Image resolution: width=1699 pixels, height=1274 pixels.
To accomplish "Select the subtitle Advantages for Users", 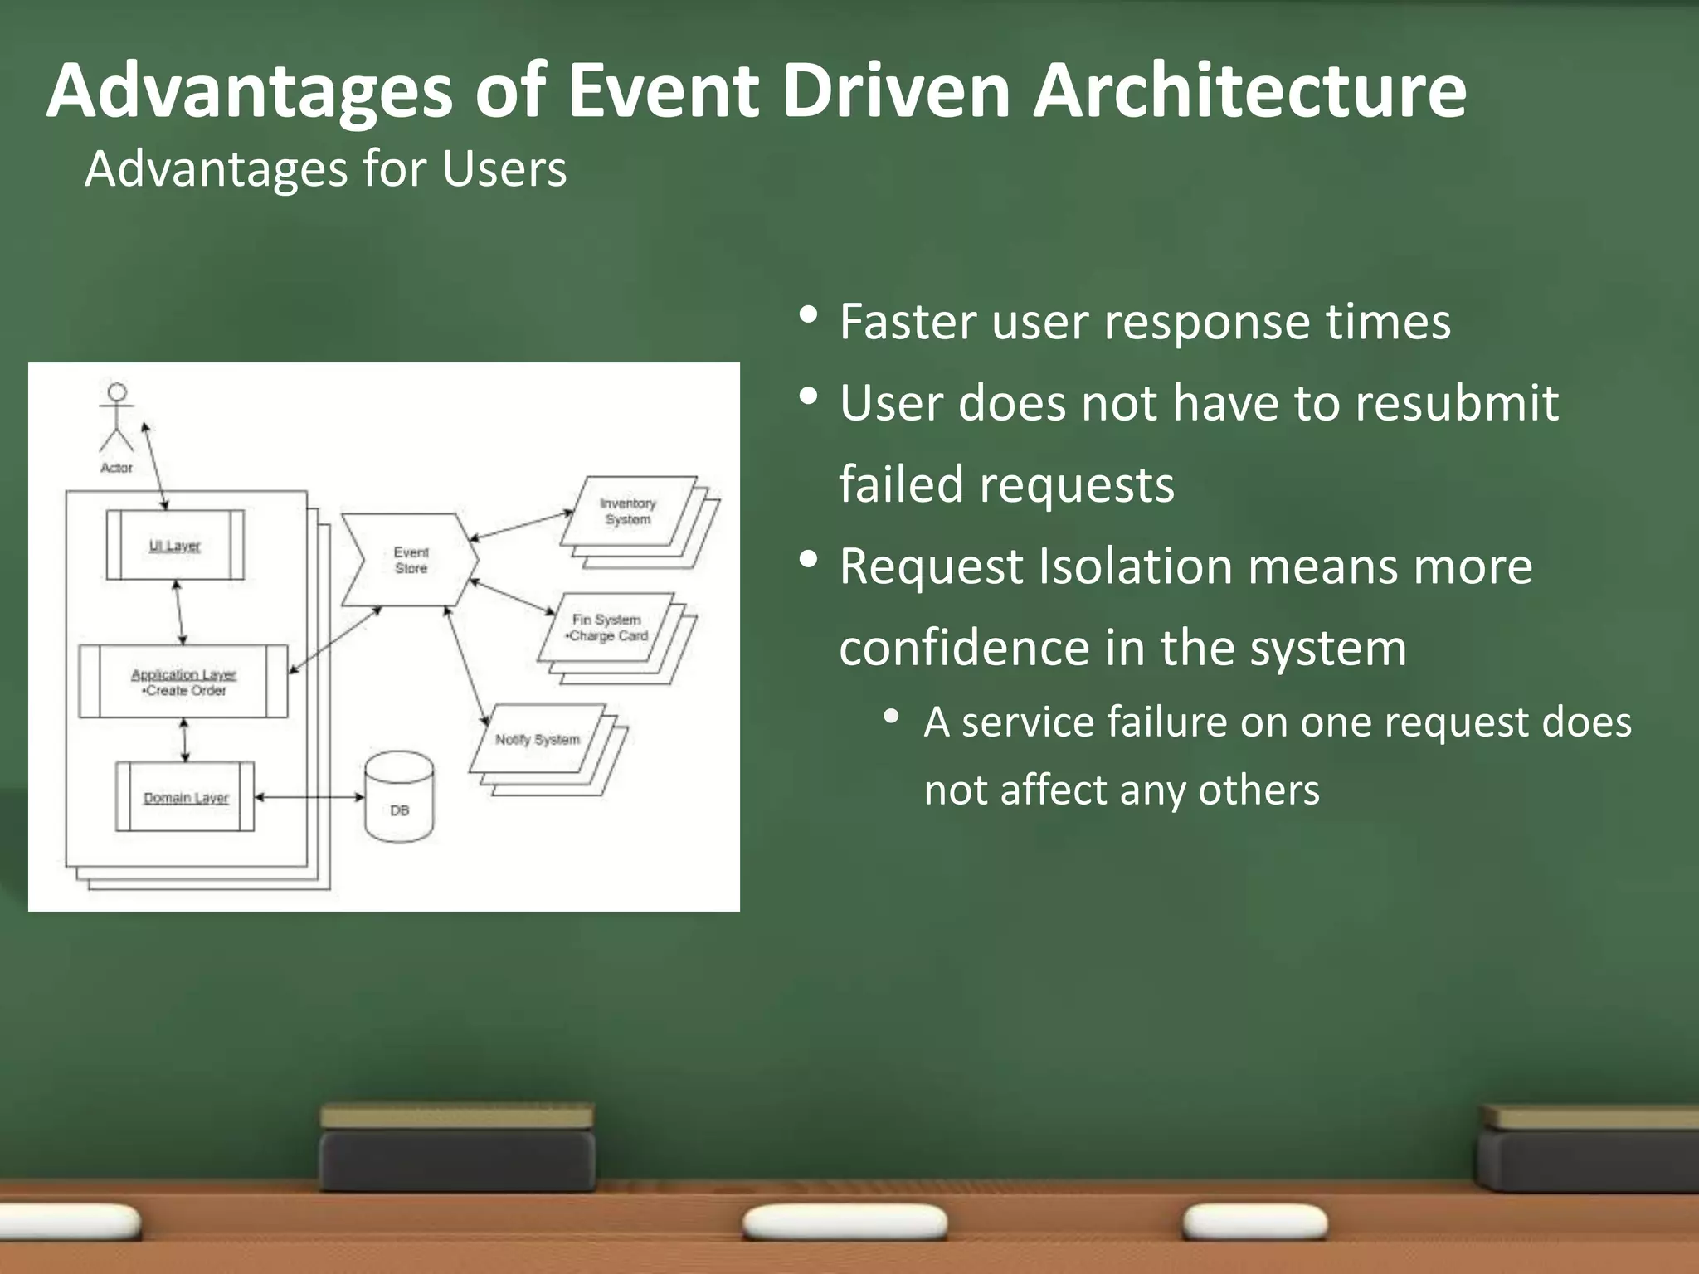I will tap(325, 169).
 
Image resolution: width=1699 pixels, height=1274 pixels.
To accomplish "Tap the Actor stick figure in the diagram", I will tap(117, 419).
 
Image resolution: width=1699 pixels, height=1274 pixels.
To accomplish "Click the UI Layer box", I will tap(175, 545).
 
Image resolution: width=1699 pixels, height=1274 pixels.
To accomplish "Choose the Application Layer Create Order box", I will tap(183, 682).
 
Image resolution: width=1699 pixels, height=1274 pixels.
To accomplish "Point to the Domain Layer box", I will tap(185, 797).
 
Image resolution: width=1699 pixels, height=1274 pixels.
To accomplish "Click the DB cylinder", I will tap(399, 798).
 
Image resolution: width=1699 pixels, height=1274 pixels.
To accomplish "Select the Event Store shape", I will tap(411, 560).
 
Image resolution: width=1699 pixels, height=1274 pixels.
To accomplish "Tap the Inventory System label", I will tap(628, 511).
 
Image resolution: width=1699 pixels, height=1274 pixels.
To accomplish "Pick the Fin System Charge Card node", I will tap(606, 627).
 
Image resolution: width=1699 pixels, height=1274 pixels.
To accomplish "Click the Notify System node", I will tap(538, 739).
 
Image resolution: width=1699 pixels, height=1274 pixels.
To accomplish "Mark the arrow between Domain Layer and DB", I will tap(309, 797).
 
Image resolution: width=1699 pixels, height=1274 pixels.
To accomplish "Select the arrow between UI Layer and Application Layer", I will tap(179, 612).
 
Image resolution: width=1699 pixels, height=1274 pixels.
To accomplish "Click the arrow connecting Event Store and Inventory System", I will tap(521, 526).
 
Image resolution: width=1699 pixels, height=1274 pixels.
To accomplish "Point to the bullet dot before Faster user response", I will tap(808, 316).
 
